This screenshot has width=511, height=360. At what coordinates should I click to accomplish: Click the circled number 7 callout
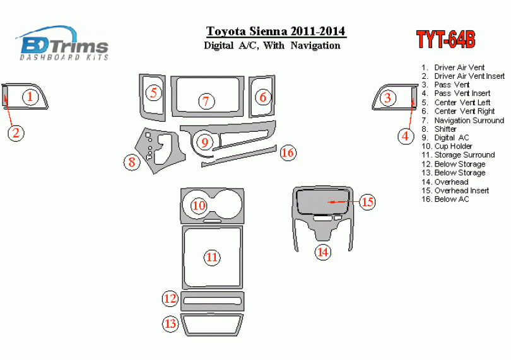tap(207, 101)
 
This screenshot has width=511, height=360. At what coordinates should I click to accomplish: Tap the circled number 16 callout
tap(288, 153)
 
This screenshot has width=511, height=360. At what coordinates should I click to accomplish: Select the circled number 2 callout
tap(16, 132)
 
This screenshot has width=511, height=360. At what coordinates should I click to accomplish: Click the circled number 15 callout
tap(367, 202)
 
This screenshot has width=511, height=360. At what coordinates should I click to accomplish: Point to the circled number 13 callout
tap(170, 323)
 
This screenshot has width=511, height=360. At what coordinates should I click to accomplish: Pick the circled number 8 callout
tap(132, 161)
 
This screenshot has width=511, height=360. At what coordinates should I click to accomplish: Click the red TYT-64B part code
tap(446, 40)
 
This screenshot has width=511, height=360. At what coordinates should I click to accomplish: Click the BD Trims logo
tap(62, 43)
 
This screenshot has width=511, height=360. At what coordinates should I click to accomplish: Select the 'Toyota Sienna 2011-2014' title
tap(276, 32)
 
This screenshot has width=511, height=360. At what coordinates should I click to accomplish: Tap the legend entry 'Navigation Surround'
tap(469, 120)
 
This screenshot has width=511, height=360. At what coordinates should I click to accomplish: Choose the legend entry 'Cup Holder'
tap(454, 146)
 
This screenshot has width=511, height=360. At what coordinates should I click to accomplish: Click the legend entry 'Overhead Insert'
tap(462, 190)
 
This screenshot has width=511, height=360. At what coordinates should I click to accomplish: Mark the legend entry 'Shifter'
tap(445, 129)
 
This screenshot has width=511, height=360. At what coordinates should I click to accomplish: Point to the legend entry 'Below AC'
tap(452, 199)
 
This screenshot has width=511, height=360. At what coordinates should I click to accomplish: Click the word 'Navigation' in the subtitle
tap(315, 45)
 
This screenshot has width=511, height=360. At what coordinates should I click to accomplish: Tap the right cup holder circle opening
tap(228, 204)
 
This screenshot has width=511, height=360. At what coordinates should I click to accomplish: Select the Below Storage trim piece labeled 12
tap(213, 301)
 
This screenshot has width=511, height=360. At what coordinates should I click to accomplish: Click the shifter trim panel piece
tap(160, 149)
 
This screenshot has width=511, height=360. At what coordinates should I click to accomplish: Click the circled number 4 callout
tap(406, 136)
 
